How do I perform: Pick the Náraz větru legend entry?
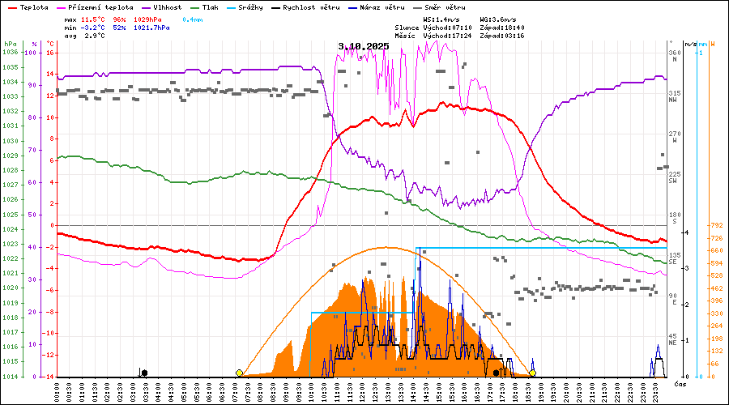pos(383,7)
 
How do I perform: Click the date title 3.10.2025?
pos(364,46)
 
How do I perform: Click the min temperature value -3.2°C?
pos(96,28)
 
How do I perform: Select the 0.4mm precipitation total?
pos(192,19)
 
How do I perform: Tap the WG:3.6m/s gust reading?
pos(497,19)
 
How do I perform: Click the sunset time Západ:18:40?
pos(502,28)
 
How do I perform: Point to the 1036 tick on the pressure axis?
pos(10,53)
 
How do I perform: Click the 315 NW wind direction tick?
pos(672,96)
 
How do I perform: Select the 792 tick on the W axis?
pos(716,225)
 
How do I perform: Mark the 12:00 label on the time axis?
pos(362,391)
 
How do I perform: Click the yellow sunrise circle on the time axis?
pos(239,373)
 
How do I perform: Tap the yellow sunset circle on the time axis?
pos(533,373)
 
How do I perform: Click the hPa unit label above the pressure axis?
pos(9,43)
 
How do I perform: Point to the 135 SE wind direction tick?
pos(672,258)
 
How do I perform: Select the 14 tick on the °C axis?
pos(50,75)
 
